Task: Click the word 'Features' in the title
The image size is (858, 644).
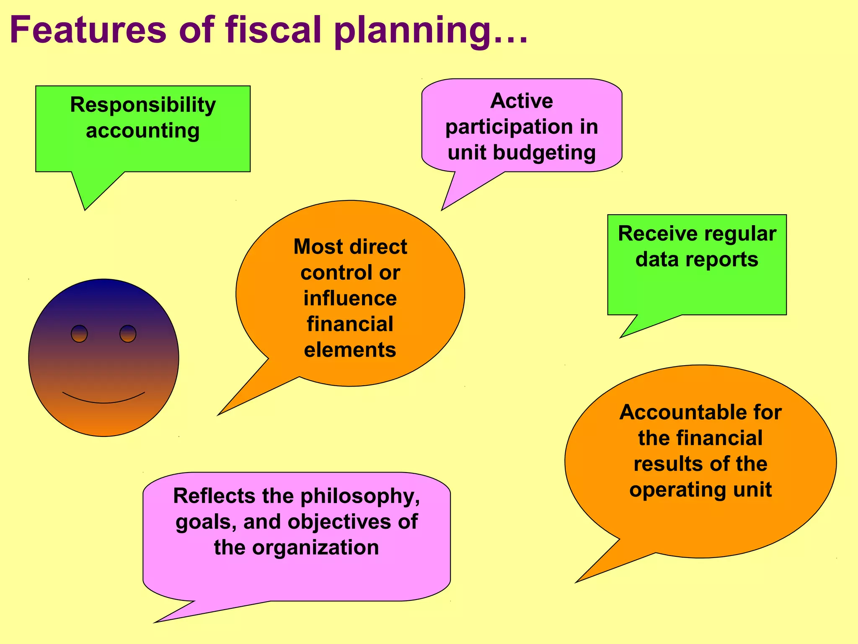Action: (x=88, y=30)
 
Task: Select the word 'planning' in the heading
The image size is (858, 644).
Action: (x=413, y=33)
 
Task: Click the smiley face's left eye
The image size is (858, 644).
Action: (x=79, y=334)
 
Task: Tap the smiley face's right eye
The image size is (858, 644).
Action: (x=128, y=334)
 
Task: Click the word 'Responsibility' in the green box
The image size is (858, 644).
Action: (x=143, y=105)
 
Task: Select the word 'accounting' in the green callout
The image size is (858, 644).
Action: (x=143, y=131)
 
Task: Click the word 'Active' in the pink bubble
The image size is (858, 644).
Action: (x=522, y=101)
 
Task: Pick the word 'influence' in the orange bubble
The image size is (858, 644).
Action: (x=350, y=299)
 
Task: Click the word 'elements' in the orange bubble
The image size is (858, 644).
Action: (x=350, y=350)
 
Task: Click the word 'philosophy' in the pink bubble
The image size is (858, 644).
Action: (x=360, y=496)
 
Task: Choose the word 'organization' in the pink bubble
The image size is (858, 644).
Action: (x=315, y=548)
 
